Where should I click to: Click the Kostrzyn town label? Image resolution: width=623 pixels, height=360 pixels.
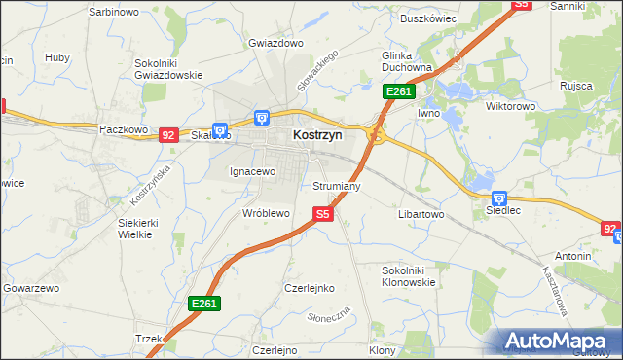[x=317, y=137]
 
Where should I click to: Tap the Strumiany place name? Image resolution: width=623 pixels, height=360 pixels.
[x=338, y=185]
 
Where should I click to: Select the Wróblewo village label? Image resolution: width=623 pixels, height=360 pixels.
[x=267, y=212]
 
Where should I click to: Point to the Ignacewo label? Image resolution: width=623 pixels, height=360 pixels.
[x=253, y=171]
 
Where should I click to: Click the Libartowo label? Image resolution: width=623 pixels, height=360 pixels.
[x=421, y=212]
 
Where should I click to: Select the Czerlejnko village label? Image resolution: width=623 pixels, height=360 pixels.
[x=310, y=288]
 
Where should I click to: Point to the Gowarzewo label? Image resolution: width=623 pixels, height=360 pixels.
[x=31, y=289]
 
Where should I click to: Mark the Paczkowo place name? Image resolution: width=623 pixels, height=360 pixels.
[x=123, y=128]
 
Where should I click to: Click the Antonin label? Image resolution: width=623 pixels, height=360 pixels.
[x=573, y=256]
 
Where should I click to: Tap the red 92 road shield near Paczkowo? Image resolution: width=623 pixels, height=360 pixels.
[x=167, y=135]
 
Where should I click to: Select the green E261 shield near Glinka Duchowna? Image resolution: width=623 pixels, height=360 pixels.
[x=399, y=91]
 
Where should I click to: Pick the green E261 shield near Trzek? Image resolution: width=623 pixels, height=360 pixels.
[x=203, y=304]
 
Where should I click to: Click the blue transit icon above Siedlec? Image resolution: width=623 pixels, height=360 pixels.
[x=499, y=198]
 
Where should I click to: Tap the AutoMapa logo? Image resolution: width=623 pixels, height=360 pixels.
[x=561, y=341]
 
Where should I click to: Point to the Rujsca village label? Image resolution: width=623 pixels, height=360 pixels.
[x=576, y=86]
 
